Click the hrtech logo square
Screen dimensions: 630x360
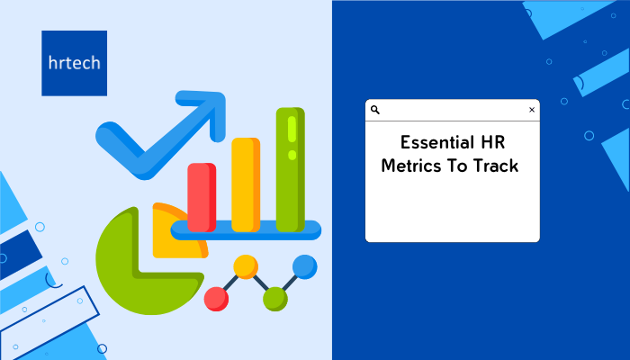tap(75, 63)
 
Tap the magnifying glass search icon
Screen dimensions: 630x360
tap(375, 110)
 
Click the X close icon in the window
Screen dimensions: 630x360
tap(532, 110)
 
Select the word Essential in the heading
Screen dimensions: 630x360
tap(431, 142)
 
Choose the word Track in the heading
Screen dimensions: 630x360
tap(495, 166)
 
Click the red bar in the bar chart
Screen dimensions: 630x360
tap(202, 197)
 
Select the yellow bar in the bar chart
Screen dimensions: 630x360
tap(246, 184)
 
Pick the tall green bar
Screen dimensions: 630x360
tap(290, 169)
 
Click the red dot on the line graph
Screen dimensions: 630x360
tap(216, 299)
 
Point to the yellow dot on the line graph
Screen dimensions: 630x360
tap(246, 266)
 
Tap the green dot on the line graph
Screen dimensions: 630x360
tap(275, 299)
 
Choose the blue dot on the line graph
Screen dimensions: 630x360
tap(305, 266)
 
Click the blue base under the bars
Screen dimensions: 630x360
tap(246, 230)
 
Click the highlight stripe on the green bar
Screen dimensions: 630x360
tap(292, 130)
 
